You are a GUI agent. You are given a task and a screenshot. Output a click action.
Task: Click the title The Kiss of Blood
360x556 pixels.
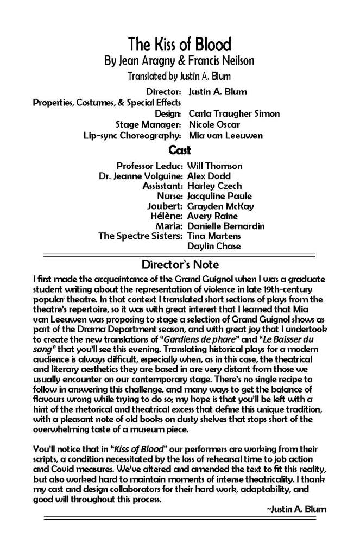180,45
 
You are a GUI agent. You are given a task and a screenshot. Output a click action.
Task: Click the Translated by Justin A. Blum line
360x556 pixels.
180,77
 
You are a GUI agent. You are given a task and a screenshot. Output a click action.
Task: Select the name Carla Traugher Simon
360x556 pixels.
233,113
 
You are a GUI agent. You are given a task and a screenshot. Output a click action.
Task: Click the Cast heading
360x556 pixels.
180,149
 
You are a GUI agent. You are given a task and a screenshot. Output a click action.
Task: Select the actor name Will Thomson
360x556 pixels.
214,166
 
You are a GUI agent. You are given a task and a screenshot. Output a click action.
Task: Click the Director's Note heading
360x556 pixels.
180,265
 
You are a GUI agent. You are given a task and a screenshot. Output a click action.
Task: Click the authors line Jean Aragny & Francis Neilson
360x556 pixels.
180,61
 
